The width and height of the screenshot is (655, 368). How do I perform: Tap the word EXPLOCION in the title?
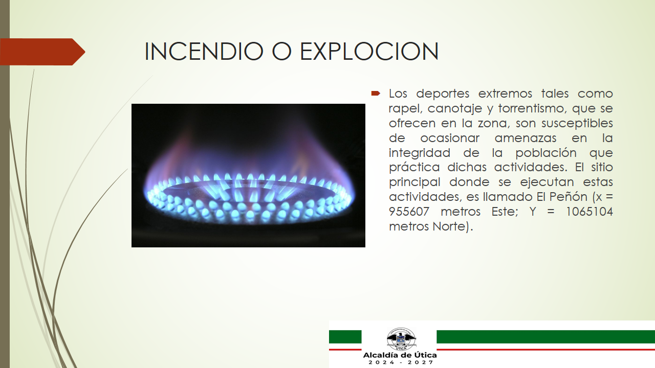pyautogui.click(x=369, y=52)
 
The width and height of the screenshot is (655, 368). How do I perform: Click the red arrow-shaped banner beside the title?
pyautogui.click(x=42, y=52)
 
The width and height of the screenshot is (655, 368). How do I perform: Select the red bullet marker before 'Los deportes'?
pyautogui.click(x=376, y=94)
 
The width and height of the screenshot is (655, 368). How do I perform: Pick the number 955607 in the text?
pyautogui.click(x=409, y=212)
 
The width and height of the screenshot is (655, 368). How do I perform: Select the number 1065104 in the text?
pyautogui.click(x=589, y=212)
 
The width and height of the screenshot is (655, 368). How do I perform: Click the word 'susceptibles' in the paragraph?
pyautogui.click(x=577, y=124)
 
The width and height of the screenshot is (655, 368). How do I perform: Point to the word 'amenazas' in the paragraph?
pyautogui.click(x=525, y=138)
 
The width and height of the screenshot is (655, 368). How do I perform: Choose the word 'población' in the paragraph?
pyautogui.click(x=546, y=153)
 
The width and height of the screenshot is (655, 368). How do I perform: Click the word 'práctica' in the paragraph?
pyautogui.click(x=414, y=168)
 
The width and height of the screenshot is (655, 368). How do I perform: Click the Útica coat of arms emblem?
pyautogui.click(x=401, y=339)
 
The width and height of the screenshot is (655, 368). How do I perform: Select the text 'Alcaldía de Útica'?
pyautogui.click(x=400, y=355)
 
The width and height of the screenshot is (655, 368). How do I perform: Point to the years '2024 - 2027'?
pyautogui.click(x=401, y=362)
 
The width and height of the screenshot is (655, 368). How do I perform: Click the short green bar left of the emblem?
pyautogui.click(x=345, y=337)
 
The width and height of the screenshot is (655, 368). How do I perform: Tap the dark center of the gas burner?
pyautogui.click(x=249, y=191)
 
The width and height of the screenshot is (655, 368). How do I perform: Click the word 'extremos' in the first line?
pyautogui.click(x=505, y=94)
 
